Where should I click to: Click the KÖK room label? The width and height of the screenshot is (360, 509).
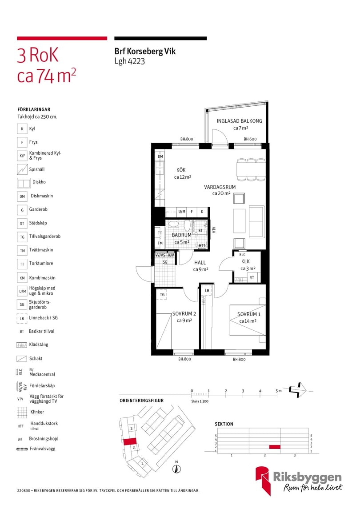(181, 170)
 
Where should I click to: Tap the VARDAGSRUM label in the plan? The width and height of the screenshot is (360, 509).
(220, 187)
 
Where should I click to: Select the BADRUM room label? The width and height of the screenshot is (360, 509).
(181, 235)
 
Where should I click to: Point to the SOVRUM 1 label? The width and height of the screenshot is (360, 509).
(248, 314)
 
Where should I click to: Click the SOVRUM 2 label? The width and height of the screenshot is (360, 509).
(184, 313)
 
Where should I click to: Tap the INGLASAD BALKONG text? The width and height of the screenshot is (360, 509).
(239, 121)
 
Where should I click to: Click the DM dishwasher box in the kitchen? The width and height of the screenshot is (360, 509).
(160, 156)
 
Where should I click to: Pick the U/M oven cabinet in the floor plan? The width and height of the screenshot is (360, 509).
(182, 212)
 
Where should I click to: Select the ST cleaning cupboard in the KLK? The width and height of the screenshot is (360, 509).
(252, 277)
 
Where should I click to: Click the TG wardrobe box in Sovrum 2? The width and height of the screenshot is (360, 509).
(162, 294)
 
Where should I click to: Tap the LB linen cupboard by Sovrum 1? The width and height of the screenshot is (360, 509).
(207, 291)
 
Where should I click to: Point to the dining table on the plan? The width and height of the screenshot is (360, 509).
(251, 169)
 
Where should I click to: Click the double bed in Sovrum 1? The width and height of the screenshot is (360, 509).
(248, 320)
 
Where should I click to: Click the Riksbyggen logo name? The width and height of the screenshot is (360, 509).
(307, 477)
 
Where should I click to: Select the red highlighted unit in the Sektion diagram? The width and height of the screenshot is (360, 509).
(275, 447)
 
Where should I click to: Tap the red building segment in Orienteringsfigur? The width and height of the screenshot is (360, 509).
(129, 441)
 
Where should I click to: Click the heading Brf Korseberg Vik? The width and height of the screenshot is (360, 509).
(145, 51)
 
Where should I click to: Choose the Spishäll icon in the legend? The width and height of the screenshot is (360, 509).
(22, 169)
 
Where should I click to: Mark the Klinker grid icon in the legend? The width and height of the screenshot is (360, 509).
(22, 412)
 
